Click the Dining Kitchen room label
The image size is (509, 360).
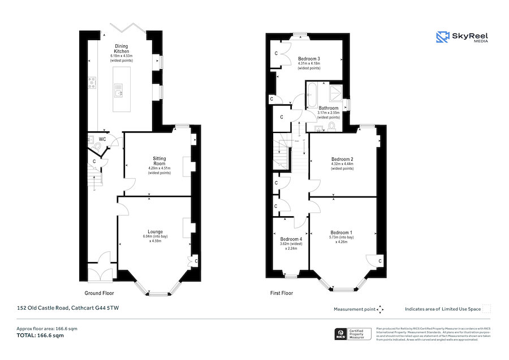(x=122, y=49)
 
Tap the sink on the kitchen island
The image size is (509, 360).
(x=118, y=89)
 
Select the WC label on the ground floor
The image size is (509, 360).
(x=102, y=139)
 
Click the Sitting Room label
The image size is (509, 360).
(x=158, y=161)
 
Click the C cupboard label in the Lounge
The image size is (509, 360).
(x=196, y=261)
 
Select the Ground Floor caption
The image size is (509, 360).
(x=100, y=293)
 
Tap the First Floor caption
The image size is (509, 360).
(x=281, y=294)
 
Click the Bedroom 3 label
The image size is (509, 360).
(x=309, y=59)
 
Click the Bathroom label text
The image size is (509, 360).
(x=329, y=108)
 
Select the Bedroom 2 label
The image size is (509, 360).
(x=342, y=159)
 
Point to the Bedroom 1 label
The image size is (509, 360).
(x=342, y=233)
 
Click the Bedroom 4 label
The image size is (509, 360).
(x=291, y=239)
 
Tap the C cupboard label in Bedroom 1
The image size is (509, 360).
(x=379, y=261)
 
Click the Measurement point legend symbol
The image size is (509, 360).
(x=380, y=309)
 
